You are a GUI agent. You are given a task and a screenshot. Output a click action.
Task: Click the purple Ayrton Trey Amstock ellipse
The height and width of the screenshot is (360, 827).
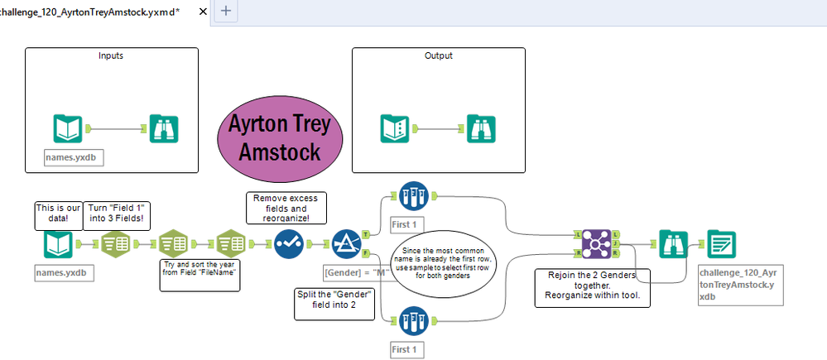tap(280, 137)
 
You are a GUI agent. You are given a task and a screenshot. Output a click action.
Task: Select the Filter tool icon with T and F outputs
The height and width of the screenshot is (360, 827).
tap(346, 243)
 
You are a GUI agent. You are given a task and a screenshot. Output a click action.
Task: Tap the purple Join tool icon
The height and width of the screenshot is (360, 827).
tap(596, 244)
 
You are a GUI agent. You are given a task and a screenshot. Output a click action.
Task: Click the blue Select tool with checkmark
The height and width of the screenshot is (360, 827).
tap(288, 243)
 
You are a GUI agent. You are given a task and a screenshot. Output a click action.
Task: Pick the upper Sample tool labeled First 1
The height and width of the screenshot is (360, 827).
tap(414, 196)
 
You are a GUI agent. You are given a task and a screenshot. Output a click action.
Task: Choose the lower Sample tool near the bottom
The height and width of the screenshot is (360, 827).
tap(414, 321)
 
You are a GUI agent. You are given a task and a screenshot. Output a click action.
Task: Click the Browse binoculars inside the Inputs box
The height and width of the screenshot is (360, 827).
tap(164, 128)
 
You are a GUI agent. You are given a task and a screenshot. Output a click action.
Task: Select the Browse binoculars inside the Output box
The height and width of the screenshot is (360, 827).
tap(481, 128)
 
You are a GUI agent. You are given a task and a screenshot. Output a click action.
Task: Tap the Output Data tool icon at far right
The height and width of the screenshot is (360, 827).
tap(722, 244)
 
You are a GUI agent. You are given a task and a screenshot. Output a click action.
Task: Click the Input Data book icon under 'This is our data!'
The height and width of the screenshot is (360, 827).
tap(58, 244)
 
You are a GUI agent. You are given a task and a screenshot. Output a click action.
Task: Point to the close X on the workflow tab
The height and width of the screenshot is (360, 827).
tap(203, 11)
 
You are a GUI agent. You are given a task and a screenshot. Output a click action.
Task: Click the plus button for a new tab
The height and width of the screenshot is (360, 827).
tap(226, 11)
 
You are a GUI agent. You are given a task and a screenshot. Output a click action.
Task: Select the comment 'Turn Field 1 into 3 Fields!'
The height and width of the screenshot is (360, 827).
tap(117, 215)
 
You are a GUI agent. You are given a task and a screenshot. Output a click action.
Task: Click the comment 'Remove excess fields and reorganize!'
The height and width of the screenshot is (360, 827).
tap(286, 209)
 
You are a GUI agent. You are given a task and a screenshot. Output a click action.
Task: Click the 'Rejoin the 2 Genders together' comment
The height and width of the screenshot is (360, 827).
tap(592, 288)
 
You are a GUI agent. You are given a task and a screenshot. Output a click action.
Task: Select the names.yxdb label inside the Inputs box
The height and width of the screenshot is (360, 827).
tap(74, 157)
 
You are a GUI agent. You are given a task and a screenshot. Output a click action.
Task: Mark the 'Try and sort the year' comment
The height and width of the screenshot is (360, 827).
tap(200, 275)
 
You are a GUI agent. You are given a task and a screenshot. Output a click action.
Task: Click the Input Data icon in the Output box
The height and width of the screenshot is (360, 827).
tap(394, 128)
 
